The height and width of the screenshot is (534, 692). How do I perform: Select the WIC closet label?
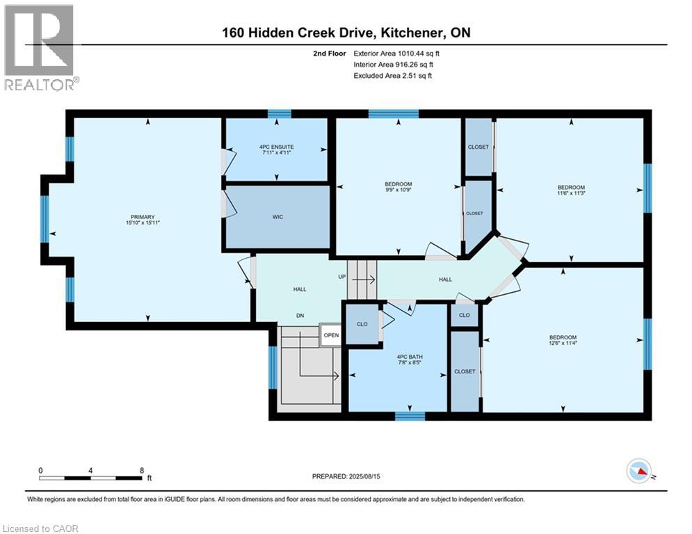click(277, 217)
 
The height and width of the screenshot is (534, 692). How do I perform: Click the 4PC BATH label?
click(397, 354)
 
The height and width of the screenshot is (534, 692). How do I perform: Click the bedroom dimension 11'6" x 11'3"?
click(571, 194)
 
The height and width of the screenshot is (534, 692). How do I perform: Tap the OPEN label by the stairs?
click(331, 334)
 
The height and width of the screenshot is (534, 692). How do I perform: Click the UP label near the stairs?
click(341, 277)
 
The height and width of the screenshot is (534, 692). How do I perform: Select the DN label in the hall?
click(300, 316)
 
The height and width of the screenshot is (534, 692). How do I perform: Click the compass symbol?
click(638, 472)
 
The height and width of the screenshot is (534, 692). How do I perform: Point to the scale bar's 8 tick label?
click(142, 470)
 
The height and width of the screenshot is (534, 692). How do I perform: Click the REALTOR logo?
click(40, 47)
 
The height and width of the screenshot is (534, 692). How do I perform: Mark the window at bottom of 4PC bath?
click(410, 416)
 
